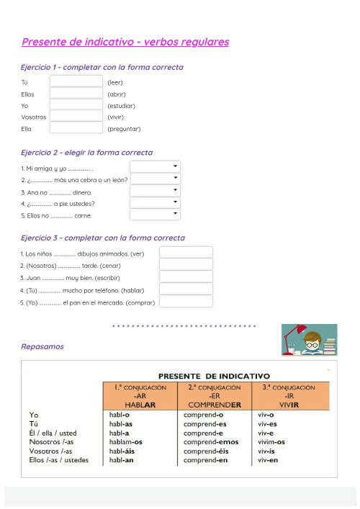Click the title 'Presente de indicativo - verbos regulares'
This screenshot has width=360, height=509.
click(x=125, y=42)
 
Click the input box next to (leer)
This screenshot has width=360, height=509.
click(x=76, y=81)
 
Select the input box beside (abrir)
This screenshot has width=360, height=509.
click(x=76, y=93)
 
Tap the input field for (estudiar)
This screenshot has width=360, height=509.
click(x=76, y=104)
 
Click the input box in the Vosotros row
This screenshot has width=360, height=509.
click(x=76, y=116)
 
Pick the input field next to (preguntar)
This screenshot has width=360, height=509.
click(x=76, y=127)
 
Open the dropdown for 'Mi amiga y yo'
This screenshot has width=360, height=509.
click(x=155, y=167)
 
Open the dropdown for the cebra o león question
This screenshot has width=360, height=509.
click(x=155, y=179)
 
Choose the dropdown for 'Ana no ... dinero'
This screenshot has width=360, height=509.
click(x=155, y=191)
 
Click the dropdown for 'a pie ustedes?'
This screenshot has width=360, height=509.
click(x=155, y=202)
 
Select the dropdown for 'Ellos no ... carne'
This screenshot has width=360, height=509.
click(x=155, y=214)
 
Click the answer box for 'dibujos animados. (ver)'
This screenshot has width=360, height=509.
click(x=186, y=253)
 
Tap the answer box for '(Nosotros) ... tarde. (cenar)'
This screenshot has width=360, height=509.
click(x=186, y=264)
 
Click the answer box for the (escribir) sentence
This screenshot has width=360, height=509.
click(x=186, y=276)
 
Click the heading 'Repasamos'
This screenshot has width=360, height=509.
click(x=42, y=346)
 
